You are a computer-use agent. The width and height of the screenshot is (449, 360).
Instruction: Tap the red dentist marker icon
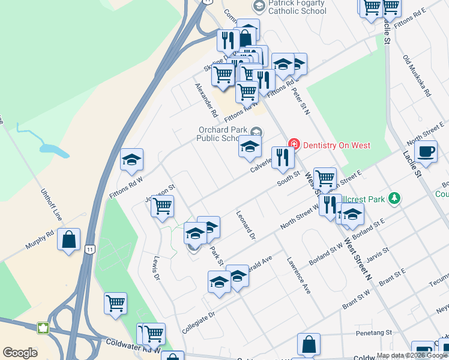coord(294,144)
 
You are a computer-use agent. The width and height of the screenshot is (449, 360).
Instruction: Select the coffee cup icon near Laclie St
coord(426,152)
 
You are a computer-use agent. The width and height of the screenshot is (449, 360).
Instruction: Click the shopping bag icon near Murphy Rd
coord(69,240)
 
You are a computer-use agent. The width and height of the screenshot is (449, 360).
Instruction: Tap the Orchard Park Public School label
coord(222,134)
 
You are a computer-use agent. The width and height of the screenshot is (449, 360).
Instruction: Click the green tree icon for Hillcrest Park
coord(394,197)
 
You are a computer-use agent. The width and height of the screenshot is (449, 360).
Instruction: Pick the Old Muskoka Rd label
coord(417,76)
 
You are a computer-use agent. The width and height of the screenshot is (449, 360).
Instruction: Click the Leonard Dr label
coord(246,225)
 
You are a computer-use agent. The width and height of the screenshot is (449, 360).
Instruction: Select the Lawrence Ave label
coord(298,275)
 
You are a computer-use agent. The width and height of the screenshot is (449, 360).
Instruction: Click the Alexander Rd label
coord(206,100)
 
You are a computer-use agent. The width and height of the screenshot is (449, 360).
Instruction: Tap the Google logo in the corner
coord(20,353)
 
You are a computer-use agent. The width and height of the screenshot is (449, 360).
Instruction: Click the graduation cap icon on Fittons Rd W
coord(131,160)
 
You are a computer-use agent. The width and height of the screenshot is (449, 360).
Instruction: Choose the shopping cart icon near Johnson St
coord(162,207)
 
